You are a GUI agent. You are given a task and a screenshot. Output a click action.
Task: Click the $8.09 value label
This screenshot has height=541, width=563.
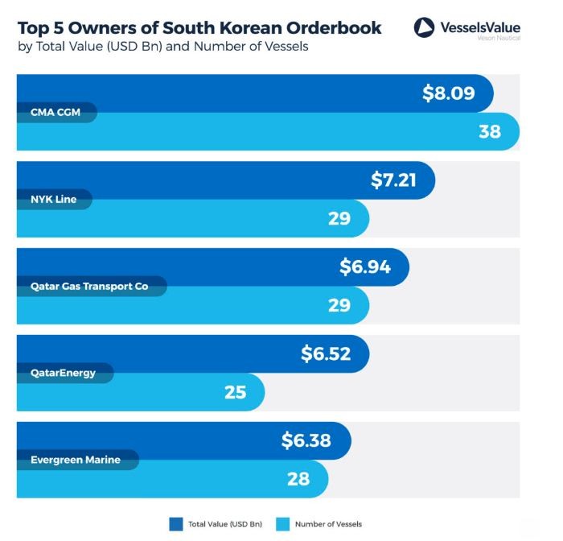click(x=449, y=93)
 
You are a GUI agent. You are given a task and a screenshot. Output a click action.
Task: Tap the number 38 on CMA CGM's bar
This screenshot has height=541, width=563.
click(x=490, y=131)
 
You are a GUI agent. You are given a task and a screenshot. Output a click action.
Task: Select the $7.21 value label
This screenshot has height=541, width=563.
click(x=393, y=180)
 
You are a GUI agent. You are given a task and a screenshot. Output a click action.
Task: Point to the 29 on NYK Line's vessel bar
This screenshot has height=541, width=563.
click(x=339, y=217)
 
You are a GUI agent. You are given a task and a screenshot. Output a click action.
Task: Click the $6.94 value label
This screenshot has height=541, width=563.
click(x=365, y=266)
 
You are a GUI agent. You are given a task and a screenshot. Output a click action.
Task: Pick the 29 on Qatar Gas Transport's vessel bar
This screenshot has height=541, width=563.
click(x=339, y=304)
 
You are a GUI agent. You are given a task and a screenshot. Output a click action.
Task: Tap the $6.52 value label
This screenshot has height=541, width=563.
click(x=326, y=353)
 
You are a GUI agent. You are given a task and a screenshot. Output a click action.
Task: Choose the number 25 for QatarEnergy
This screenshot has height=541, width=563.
click(x=235, y=392)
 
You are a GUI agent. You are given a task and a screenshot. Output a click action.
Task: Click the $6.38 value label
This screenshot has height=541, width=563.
click(x=306, y=440)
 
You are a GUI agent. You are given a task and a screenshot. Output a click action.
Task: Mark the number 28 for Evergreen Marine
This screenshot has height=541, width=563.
click(x=298, y=478)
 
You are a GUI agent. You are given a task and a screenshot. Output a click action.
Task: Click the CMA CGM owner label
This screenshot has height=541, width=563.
click(x=55, y=112)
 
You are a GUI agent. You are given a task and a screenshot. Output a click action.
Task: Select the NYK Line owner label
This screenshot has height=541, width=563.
click(x=53, y=199)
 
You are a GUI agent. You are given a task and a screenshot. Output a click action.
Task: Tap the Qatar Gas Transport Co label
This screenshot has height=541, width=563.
click(x=89, y=286)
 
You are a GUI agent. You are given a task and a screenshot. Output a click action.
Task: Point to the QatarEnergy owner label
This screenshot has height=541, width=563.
click(x=63, y=373)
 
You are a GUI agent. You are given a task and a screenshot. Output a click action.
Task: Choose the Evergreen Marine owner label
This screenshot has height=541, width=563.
click(x=76, y=460)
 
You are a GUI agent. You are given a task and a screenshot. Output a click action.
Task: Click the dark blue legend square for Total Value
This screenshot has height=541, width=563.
click(x=176, y=524)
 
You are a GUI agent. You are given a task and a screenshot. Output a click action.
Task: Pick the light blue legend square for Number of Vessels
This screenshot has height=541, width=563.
click(x=282, y=524)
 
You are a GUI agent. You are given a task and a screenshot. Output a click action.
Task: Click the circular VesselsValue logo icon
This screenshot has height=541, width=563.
click(x=424, y=28)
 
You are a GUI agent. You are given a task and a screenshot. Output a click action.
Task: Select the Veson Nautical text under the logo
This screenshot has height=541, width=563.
click(x=498, y=39)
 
